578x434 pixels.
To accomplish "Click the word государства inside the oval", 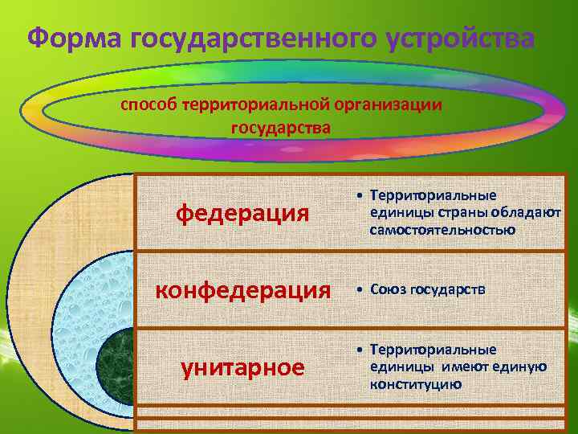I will coord(280,127).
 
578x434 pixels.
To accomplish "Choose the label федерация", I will coord(242,213).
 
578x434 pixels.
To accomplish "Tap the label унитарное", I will coord(242,367).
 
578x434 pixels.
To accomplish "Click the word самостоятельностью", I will coord(442,231).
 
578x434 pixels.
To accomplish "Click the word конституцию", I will coord(416,384).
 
